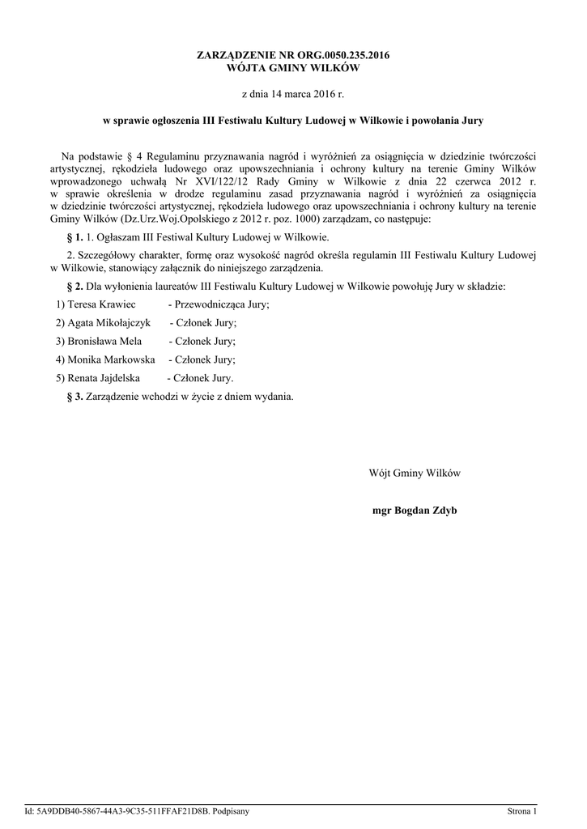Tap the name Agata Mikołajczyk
[103, 322]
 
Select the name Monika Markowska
[105, 359]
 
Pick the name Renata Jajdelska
[99, 378]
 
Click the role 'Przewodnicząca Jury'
[221, 304]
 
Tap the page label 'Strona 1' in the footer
[522, 810]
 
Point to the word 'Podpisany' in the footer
[231, 810]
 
